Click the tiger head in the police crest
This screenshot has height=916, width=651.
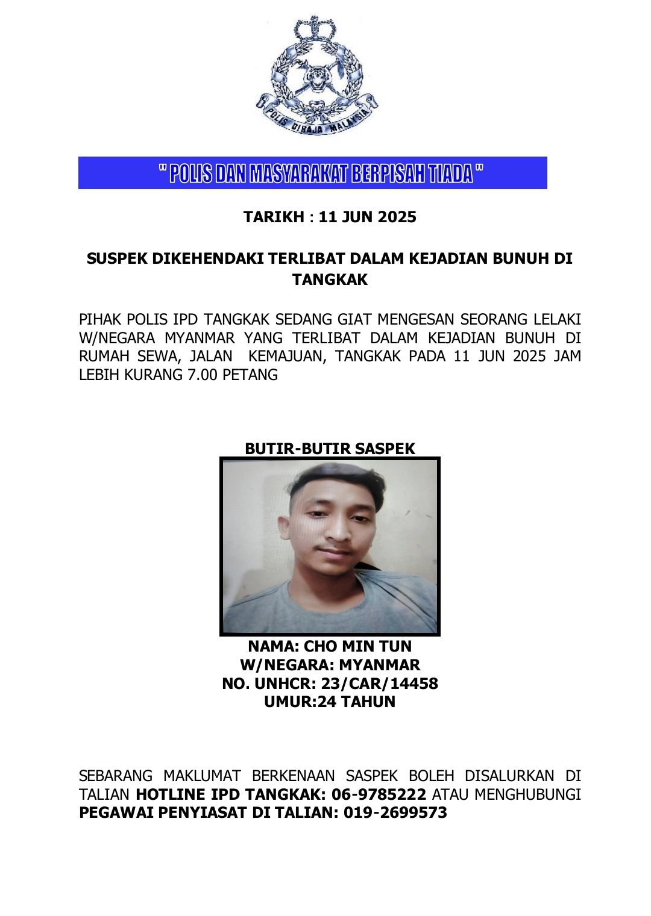tap(316, 78)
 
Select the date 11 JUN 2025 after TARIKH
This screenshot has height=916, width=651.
tap(367, 217)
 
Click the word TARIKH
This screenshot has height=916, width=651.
tap(274, 217)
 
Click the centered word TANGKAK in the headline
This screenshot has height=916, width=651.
tap(330, 279)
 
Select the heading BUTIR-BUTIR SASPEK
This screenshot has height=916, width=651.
tap(330, 449)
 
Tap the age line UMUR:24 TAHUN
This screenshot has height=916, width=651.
tap(330, 702)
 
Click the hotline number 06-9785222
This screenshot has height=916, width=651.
tap(379, 794)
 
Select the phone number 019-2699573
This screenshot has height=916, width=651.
tap(395, 812)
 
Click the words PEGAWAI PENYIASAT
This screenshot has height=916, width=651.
tap(163, 812)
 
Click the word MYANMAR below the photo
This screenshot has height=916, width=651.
tap(379, 665)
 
